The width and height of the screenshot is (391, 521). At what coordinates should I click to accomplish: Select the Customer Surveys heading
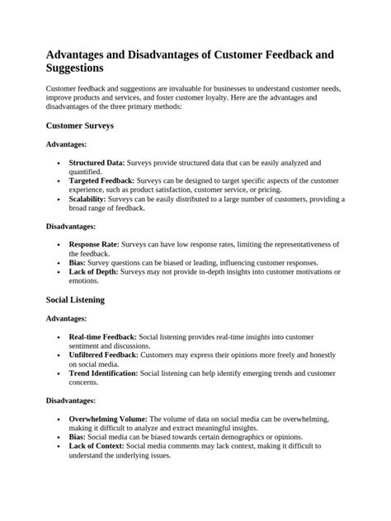(79, 126)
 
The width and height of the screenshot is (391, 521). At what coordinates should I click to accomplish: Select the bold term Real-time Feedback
(102, 336)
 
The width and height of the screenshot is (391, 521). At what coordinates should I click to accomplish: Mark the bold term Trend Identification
(104, 373)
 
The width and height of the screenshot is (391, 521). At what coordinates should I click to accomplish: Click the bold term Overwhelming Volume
(108, 418)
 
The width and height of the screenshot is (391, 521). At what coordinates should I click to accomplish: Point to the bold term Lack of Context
(97, 445)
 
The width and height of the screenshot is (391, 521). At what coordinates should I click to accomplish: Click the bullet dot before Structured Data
(58, 164)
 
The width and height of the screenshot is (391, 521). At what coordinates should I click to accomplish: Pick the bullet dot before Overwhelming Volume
(58, 419)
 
